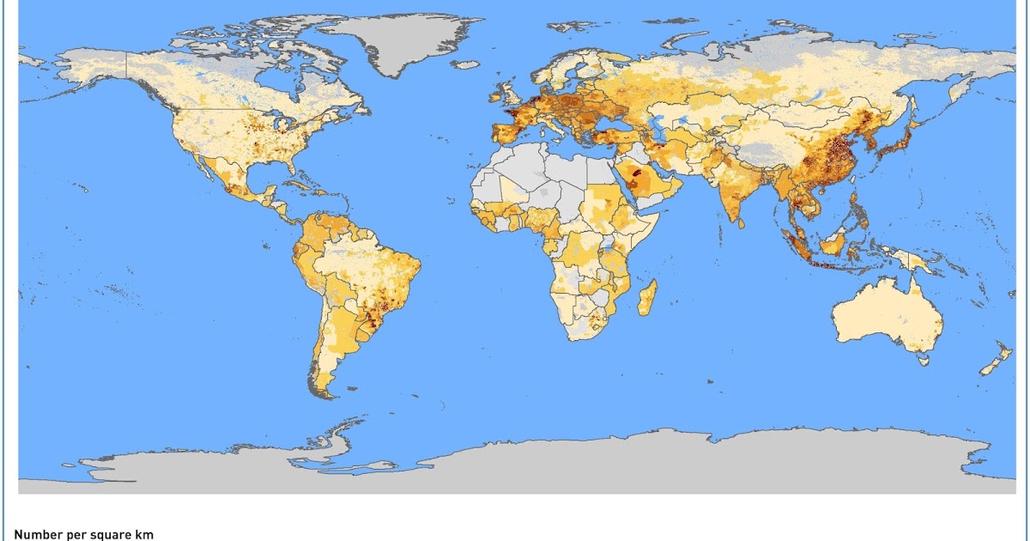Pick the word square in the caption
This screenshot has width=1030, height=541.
coord(110,534)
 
